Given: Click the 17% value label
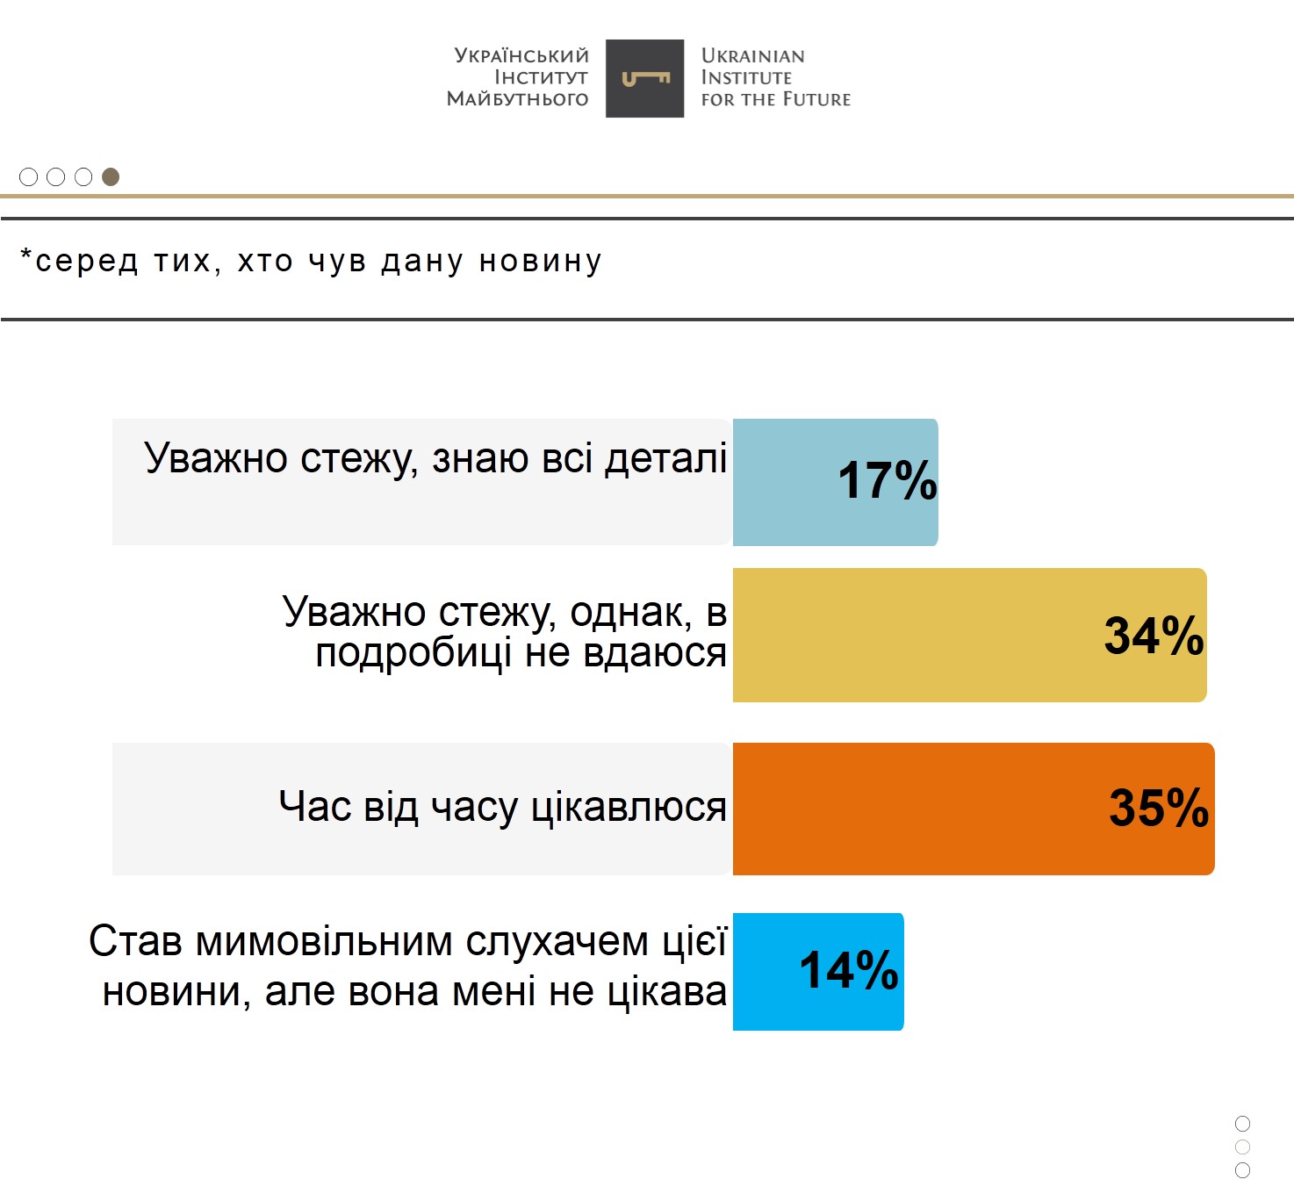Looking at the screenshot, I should pos(887,481).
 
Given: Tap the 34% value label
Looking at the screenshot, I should pos(1153,636).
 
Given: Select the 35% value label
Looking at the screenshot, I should pos(1158,808).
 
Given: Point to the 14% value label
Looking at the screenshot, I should pos(848,970).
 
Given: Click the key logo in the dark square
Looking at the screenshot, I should pos(645,79).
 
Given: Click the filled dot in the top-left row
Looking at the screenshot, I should pos(111,177).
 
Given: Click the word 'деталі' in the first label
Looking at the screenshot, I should pos(666,458).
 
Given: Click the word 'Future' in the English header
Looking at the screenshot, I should pos(816,99).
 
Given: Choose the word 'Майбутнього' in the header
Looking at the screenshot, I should pos(517,99).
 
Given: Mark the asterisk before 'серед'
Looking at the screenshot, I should pos(26,256).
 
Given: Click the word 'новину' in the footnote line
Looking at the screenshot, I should pos(540,262).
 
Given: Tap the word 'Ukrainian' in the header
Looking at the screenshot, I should pos(752,55).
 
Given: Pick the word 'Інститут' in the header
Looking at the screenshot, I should pos(541,77).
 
